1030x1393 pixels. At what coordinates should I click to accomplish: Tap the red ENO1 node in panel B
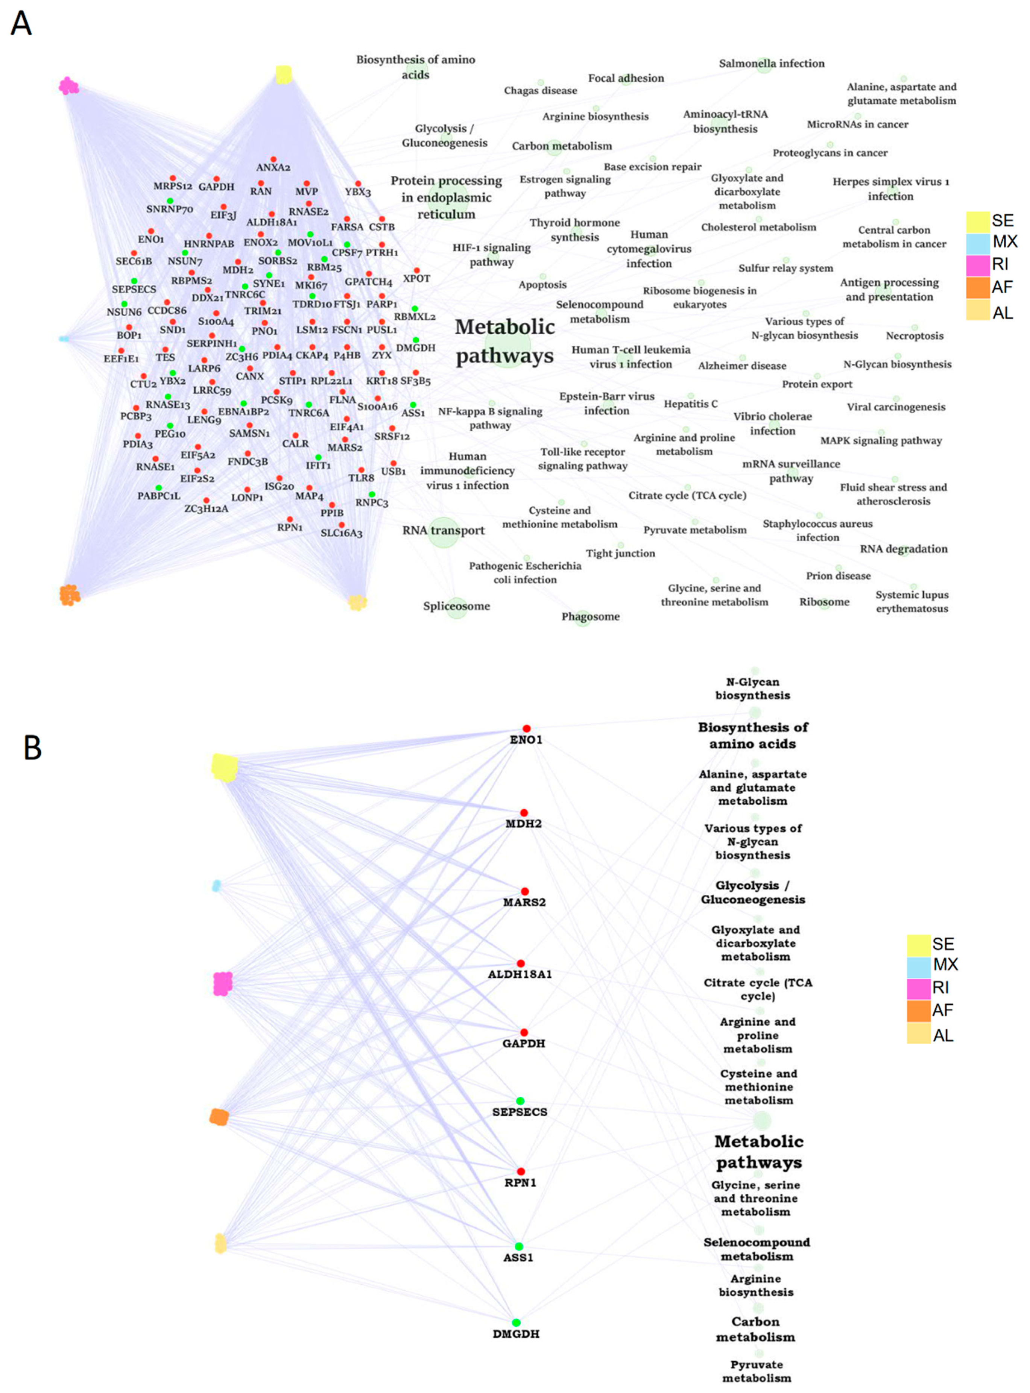526,728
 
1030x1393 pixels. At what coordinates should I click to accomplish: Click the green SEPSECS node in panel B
520,1101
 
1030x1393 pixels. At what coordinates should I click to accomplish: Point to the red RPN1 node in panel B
521,1172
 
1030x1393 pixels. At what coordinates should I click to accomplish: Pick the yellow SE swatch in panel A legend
978,221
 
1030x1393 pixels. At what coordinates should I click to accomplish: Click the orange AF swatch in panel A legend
978,287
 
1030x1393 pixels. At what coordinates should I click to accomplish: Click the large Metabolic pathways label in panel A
504,341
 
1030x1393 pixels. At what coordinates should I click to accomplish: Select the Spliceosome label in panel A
456,606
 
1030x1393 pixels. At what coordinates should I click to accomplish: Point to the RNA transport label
443,530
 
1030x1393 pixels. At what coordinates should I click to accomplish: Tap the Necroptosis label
915,336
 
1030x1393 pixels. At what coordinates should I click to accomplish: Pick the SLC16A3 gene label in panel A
341,534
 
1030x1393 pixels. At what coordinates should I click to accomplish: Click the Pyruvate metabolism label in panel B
756,1371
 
